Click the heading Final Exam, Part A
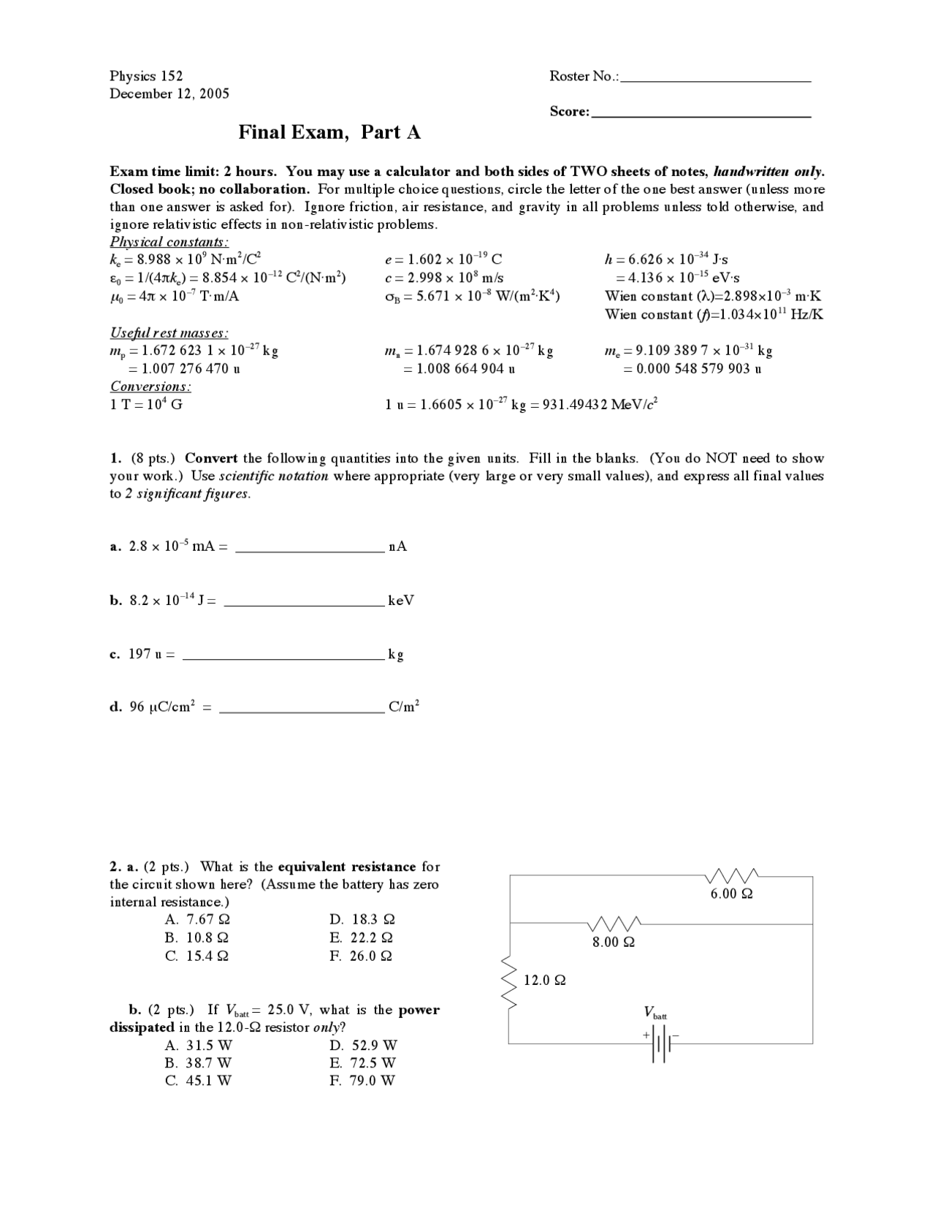click(329, 132)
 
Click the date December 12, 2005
click(169, 94)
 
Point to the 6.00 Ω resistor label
click(731, 894)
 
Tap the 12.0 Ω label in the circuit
click(544, 980)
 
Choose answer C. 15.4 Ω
click(197, 956)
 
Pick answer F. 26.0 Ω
click(362, 956)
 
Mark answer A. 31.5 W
click(198, 1045)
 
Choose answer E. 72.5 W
click(363, 1062)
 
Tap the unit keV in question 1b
click(401, 601)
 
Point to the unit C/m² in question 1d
click(404, 707)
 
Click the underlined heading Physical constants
click(169, 242)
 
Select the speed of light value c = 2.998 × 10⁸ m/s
click(444, 278)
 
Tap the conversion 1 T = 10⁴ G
click(146, 404)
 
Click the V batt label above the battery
click(654, 1013)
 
